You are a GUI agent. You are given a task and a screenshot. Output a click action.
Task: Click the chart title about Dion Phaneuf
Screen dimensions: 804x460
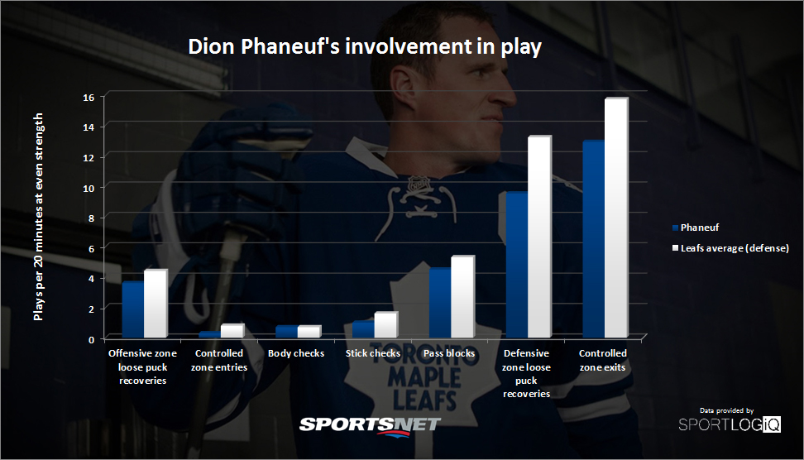click(365, 46)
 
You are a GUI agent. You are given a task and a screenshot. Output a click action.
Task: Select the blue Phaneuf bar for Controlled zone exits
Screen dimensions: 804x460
click(594, 239)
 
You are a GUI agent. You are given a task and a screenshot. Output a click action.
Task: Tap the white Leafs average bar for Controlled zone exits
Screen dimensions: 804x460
click(616, 218)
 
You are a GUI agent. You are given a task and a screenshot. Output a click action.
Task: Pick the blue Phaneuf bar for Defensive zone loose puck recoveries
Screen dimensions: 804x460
click(517, 265)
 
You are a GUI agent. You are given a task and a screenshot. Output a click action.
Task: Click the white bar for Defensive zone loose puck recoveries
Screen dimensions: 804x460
click(539, 237)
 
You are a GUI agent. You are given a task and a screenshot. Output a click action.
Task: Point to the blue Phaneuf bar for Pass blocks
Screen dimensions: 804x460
click(440, 303)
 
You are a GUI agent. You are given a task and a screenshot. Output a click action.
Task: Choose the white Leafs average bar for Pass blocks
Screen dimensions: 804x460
click(462, 296)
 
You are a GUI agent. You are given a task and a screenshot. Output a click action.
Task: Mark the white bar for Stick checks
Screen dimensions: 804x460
click(385, 324)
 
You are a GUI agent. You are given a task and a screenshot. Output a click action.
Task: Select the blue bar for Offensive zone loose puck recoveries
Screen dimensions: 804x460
click(133, 309)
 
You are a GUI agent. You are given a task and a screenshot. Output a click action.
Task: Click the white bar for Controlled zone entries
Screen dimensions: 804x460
click(232, 331)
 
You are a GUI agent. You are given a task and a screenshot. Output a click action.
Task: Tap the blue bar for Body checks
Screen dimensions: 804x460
click(287, 331)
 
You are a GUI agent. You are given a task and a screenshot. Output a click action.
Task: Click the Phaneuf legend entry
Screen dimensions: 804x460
click(696, 228)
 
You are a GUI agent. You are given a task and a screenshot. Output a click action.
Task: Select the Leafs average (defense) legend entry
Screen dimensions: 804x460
click(730, 248)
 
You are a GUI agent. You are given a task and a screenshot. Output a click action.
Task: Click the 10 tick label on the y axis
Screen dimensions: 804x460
click(89, 188)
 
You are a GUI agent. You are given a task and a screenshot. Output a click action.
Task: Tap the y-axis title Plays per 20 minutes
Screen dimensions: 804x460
click(38, 217)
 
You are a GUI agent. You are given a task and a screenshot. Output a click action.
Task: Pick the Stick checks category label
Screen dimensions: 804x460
click(373, 353)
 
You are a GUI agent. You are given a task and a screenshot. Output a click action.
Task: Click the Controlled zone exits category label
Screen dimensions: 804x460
click(603, 360)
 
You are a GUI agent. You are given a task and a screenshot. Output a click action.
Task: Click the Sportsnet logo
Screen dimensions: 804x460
click(370, 426)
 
